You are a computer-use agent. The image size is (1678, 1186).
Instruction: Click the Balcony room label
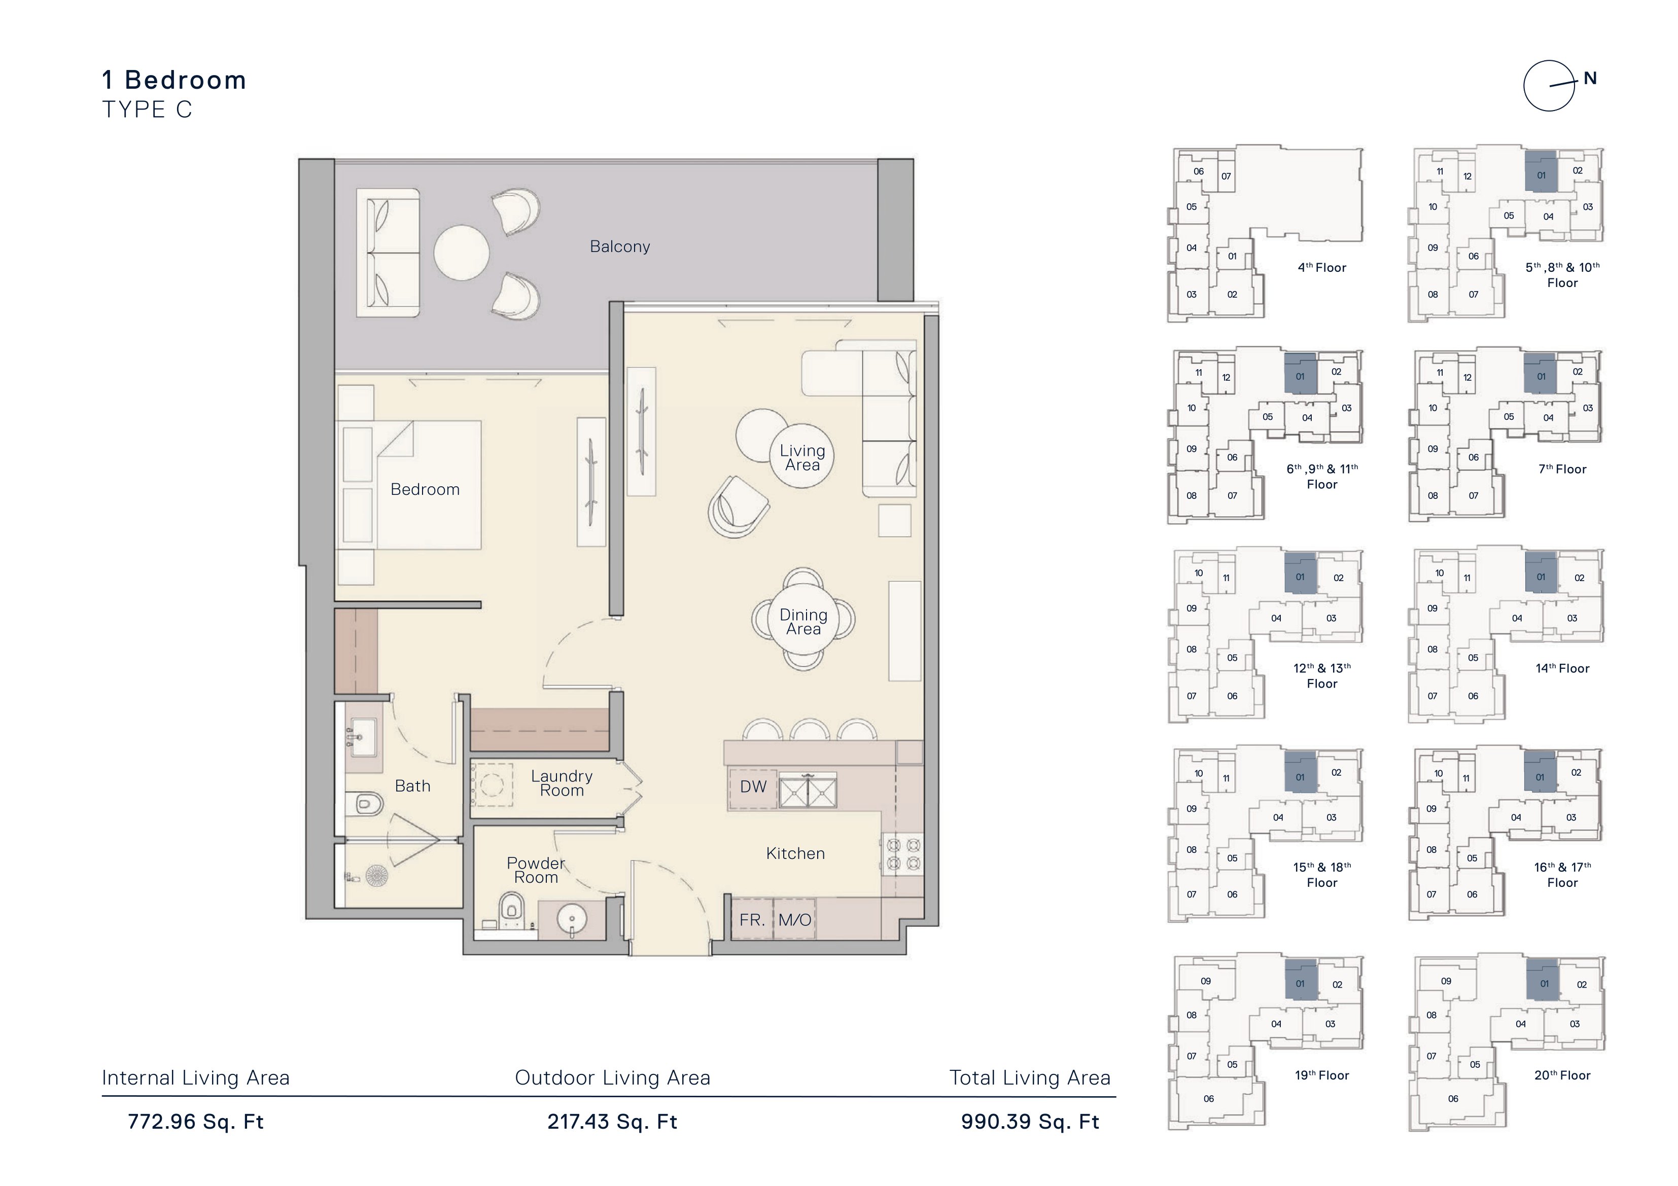click(620, 246)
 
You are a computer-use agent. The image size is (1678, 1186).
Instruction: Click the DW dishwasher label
click(753, 786)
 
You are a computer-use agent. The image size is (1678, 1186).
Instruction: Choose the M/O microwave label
click(794, 919)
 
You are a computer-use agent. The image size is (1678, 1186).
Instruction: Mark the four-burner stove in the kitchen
click(902, 854)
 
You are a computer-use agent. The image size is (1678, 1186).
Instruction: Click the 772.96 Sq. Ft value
click(195, 1122)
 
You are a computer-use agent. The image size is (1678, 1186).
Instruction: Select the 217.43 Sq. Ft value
click(612, 1122)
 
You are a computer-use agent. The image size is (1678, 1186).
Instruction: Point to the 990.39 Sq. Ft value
click(1030, 1122)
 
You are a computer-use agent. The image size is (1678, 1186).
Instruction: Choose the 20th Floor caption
click(1562, 1075)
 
